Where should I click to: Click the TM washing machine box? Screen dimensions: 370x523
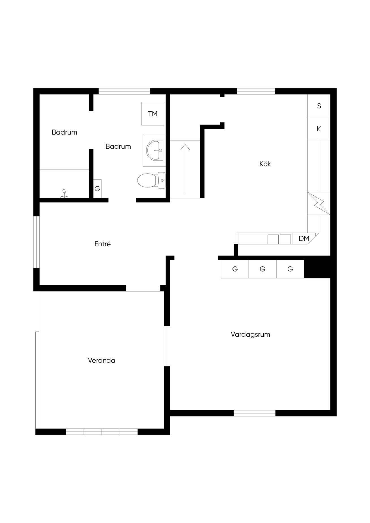point(152,114)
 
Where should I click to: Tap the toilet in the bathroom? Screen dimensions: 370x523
point(151,180)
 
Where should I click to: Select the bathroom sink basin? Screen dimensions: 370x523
point(155,150)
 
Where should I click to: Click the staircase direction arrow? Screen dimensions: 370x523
point(185,168)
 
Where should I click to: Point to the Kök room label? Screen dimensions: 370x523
point(265,164)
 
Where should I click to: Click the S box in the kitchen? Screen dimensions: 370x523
point(319,106)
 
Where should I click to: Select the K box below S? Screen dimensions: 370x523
point(319,129)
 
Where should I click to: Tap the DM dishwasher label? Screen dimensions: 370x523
point(304,238)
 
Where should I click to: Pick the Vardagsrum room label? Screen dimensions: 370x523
point(250,334)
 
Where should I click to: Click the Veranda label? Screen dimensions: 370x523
point(102,360)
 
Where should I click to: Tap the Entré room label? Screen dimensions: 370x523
point(102,244)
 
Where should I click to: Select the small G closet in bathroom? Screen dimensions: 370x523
point(97,189)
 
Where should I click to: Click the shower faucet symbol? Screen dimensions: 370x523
point(64,193)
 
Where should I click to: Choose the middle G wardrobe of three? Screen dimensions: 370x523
point(262,269)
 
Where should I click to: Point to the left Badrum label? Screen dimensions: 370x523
point(64,132)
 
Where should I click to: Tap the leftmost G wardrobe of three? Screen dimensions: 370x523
point(235,269)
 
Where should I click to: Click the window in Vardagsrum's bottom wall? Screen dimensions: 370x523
point(254,413)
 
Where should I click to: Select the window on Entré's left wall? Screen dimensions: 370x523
point(36,242)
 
